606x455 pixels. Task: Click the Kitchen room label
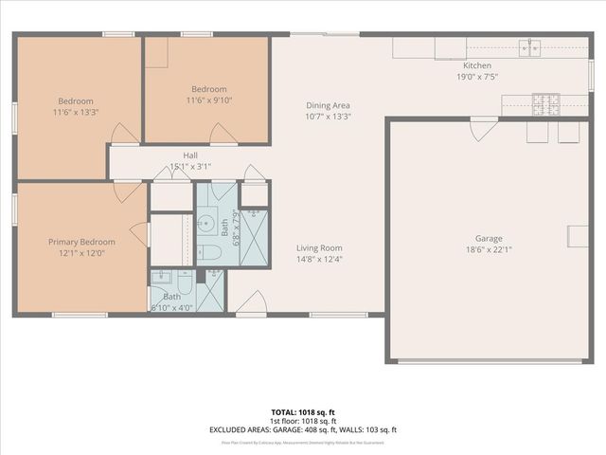450,64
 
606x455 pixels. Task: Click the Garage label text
489,239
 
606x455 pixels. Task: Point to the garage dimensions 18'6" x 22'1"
489,250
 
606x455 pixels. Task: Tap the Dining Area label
329,105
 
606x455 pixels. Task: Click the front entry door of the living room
251,304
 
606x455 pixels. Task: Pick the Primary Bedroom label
80,243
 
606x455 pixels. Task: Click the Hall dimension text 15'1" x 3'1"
190,167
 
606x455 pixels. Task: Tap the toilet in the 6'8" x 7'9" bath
210,252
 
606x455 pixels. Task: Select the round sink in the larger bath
205,225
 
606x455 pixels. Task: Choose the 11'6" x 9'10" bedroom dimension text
209,100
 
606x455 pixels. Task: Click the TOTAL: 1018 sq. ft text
303,412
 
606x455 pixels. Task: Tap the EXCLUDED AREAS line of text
303,429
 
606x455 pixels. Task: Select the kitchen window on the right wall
592,74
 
